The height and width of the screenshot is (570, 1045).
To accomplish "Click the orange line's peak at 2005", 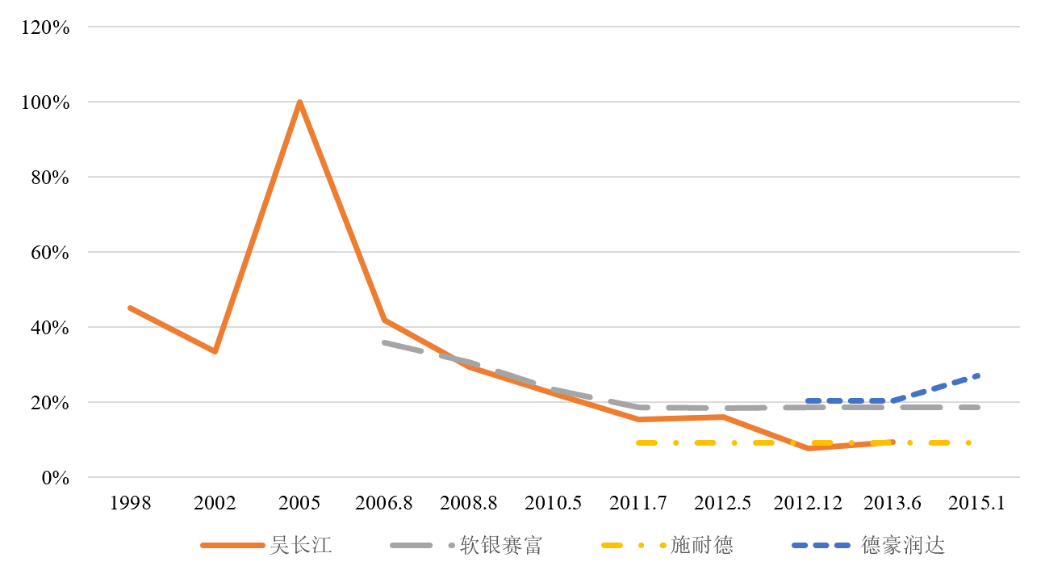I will click(299, 103).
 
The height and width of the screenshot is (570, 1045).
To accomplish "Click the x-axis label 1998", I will click(130, 503).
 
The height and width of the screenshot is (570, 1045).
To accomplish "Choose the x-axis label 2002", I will click(215, 503).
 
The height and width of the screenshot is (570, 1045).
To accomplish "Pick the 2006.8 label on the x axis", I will click(384, 503).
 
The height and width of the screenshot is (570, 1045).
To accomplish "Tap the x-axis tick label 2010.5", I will click(553, 503).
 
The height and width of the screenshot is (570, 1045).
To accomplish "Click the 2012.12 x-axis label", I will click(808, 503).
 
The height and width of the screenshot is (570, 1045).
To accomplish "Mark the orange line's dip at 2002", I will click(215, 351).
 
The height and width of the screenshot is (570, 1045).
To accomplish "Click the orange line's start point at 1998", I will click(130, 308).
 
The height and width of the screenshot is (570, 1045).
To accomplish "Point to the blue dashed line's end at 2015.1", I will click(978, 375).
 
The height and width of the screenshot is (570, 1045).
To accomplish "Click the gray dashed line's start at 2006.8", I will click(385, 342).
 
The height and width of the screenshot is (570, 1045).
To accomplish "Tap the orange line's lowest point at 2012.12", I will click(808, 448).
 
